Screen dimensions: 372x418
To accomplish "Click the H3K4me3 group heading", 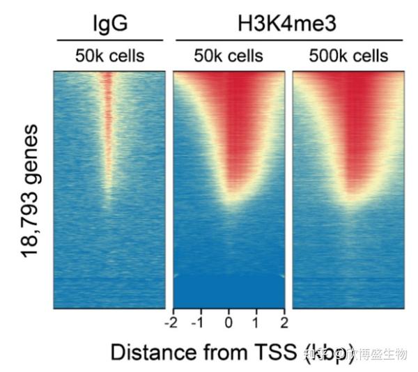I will [x=288, y=24].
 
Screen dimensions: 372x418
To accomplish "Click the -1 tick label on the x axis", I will [x=199, y=322].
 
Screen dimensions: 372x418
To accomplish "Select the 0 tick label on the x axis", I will [x=229, y=322].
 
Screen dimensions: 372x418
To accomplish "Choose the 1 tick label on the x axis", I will [x=256, y=322].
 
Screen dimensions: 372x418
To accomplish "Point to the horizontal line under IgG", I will [x=109, y=40].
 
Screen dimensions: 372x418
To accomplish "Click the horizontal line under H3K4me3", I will [x=288, y=40].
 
